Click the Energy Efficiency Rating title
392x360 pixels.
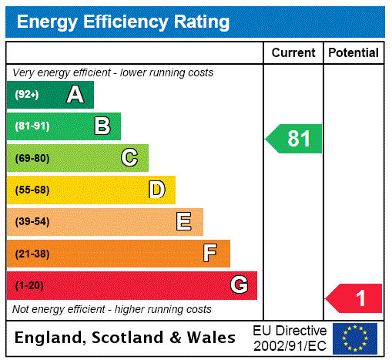tap(123, 22)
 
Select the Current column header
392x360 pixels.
tap(293, 53)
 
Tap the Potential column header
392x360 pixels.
tap(353, 53)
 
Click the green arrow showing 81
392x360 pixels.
tap(295, 139)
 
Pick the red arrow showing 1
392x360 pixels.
tap(355, 298)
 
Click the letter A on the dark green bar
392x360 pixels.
tap(75, 95)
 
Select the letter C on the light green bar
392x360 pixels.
tap(129, 158)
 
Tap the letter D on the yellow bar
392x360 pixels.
tap(156, 190)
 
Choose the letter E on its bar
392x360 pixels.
tap(183, 222)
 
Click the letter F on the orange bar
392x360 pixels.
tap(209, 254)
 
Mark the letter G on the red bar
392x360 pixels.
tap(239, 285)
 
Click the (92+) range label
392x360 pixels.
tap(27, 95)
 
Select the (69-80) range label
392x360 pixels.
tap(32, 158)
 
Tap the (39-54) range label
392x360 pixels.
tap(32, 222)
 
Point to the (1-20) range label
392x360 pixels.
tap(29, 285)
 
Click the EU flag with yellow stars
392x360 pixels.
tap(355, 338)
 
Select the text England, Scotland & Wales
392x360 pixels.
tap(126, 338)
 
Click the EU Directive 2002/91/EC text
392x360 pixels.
tap(290, 338)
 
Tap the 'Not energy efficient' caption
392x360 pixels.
tap(112, 309)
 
